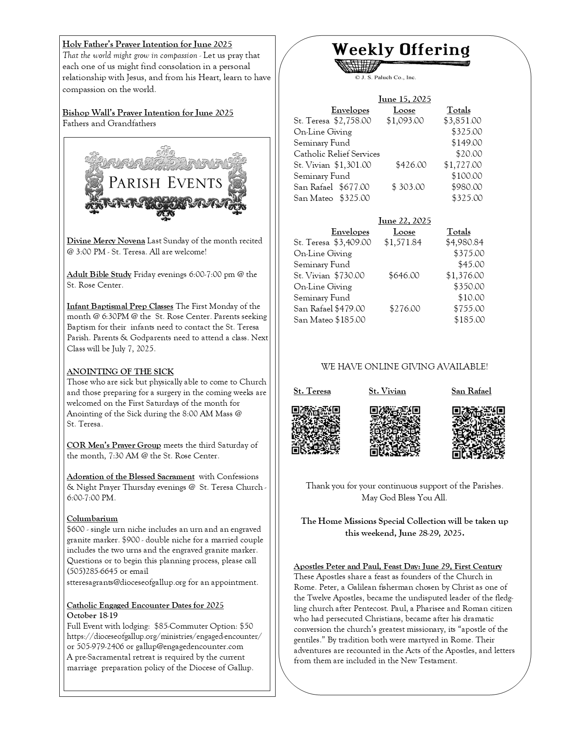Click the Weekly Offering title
point(401,50)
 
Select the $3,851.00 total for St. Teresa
point(462,120)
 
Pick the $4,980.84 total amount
point(464,242)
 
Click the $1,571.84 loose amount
point(403,242)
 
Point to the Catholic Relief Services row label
point(337,154)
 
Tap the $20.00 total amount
point(469,154)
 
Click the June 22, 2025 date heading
point(404,220)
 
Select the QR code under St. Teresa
point(315,430)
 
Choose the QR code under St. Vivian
point(395,431)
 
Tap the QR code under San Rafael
point(478,432)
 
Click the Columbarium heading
point(92,519)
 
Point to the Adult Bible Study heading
point(99,274)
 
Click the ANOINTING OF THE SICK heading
point(120,371)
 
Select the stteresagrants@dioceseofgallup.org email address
point(126,582)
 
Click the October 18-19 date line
point(92,615)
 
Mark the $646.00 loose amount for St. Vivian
point(404,275)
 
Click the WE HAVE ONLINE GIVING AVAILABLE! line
point(404,366)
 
